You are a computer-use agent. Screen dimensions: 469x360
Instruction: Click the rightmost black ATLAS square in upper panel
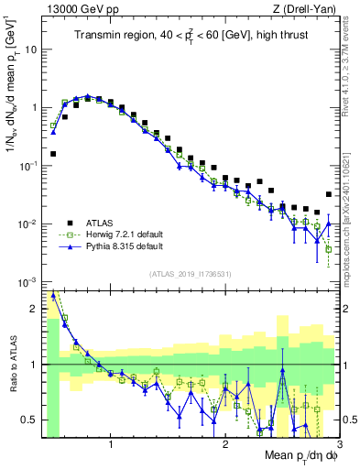point(329,194)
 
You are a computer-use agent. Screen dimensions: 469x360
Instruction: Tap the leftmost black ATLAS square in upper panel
point(53,154)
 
